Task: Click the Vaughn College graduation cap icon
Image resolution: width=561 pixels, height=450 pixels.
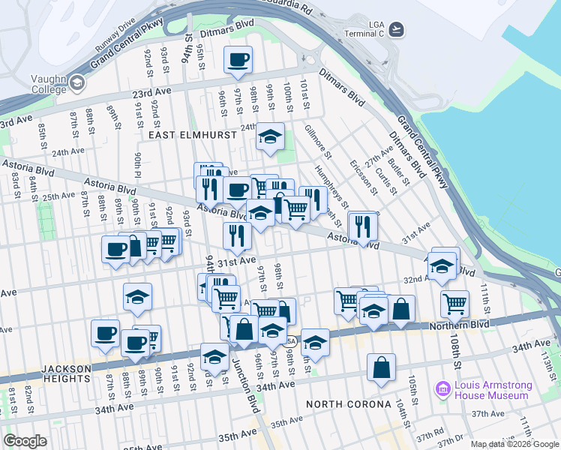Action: (76, 84)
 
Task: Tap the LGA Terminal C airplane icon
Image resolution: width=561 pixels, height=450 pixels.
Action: (397, 29)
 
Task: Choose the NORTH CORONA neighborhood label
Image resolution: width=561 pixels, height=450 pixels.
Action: (349, 404)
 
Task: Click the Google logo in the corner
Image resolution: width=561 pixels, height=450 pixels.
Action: (25, 441)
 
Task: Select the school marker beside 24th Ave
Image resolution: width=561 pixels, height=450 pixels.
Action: (270, 137)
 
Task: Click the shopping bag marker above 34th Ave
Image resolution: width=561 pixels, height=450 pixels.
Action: (382, 368)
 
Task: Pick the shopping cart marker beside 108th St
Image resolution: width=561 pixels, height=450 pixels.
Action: (454, 304)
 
